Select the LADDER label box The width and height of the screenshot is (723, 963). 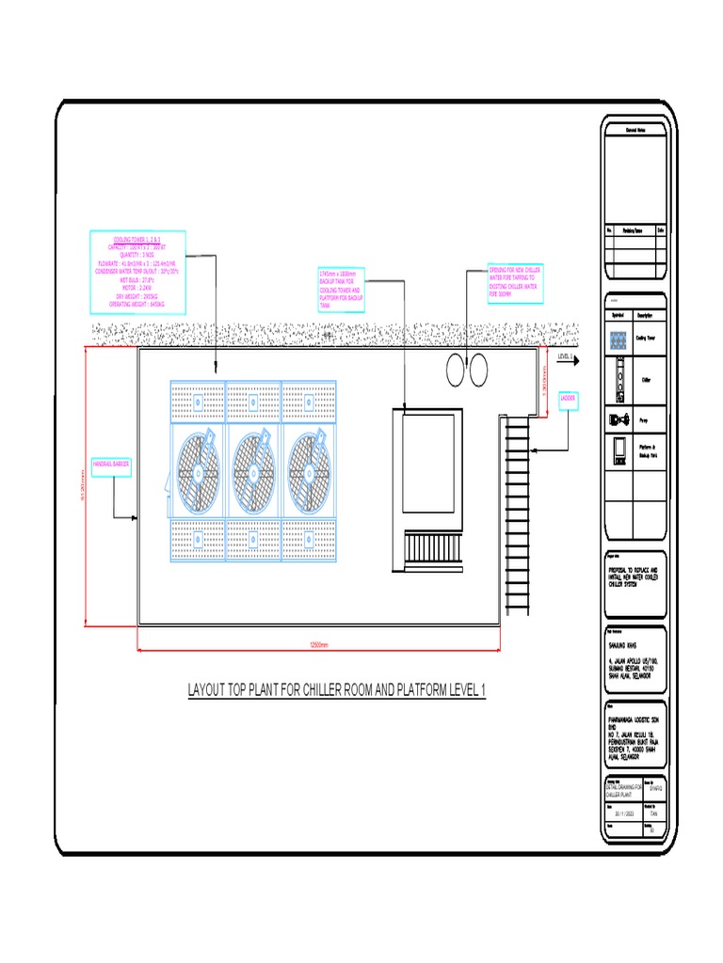coord(569,399)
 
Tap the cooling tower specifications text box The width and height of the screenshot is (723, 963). coord(137,272)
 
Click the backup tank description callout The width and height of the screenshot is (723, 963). coord(340,289)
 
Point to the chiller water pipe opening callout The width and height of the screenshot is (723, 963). coord(513,281)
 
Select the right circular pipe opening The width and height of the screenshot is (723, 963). coord(479,368)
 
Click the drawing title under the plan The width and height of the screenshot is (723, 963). coord(336,691)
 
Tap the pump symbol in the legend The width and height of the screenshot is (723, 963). coord(619,419)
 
